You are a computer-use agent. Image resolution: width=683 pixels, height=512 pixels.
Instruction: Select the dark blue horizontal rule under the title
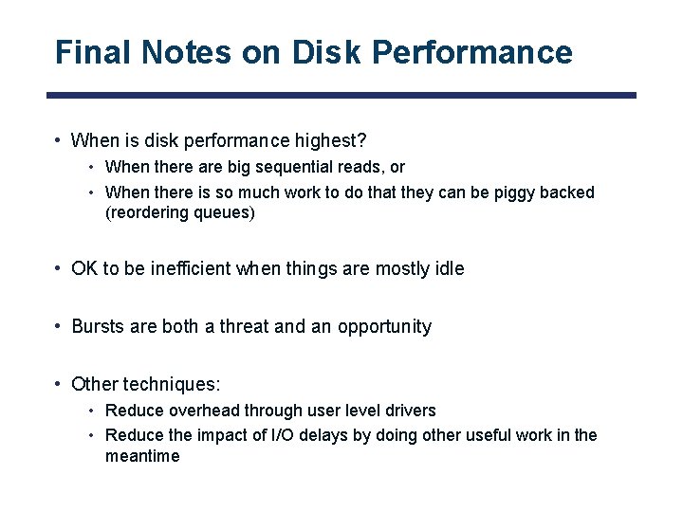pyautogui.click(x=341, y=96)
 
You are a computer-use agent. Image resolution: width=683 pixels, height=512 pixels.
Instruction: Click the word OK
pyautogui.click(x=84, y=268)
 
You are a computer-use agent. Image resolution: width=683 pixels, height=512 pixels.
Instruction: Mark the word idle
pyautogui.click(x=449, y=268)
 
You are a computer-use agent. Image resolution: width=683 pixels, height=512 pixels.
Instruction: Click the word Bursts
pyautogui.click(x=99, y=327)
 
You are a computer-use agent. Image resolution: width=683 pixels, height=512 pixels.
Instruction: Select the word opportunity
pyautogui.click(x=384, y=327)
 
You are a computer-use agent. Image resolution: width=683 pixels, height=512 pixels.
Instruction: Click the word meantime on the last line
pyautogui.click(x=142, y=456)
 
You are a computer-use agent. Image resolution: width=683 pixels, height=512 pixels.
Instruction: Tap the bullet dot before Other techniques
pyautogui.click(x=60, y=385)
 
